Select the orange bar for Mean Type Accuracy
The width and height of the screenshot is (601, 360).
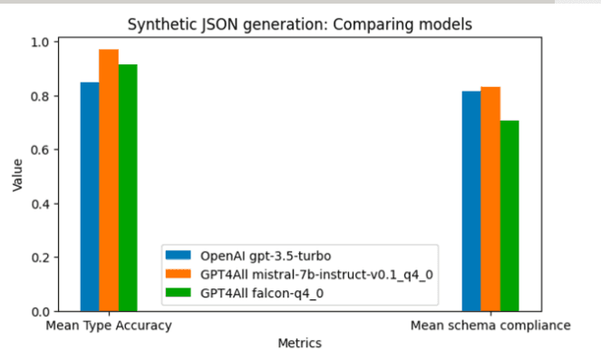pos(109,180)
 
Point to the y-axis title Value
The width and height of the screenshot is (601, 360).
pos(17,174)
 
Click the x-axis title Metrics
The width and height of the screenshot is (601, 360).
pos(299,344)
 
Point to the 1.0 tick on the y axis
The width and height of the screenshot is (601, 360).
pos(40,42)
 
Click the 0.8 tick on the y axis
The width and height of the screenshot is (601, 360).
pos(40,96)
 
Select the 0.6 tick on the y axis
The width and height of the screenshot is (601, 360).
pos(40,150)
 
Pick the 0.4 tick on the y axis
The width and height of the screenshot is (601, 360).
pos(40,204)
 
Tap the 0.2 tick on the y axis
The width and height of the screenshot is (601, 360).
pos(40,258)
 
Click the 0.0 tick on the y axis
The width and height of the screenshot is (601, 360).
pos(40,311)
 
